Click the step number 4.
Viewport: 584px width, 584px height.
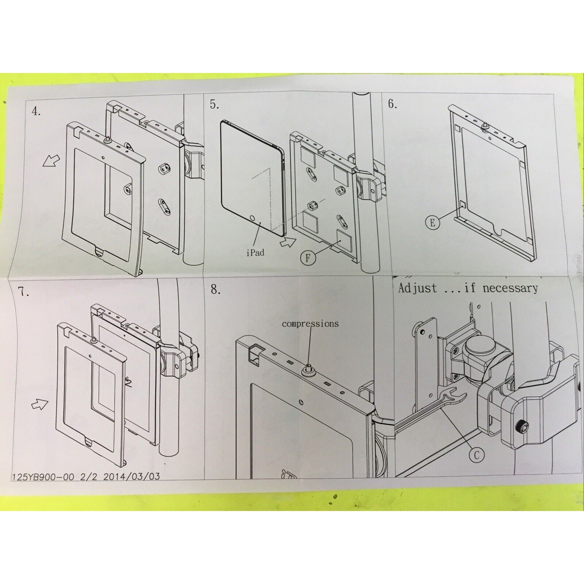(36, 111)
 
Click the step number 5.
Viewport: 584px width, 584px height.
(214, 105)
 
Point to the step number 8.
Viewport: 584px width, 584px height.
(216, 290)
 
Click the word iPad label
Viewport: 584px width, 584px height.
(255, 252)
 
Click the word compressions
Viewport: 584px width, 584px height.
(310, 323)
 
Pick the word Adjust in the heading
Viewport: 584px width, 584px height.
(417, 288)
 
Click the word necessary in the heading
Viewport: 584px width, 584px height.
(510, 288)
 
